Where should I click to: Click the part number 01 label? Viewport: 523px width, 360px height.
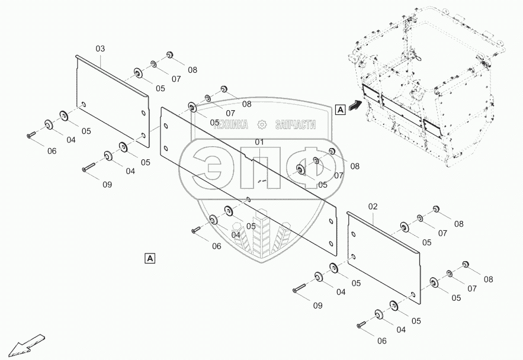point(259,142)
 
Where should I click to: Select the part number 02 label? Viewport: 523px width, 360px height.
point(373,206)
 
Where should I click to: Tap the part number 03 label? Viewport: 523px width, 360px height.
point(100,48)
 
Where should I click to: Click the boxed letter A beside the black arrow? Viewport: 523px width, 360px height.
point(339,109)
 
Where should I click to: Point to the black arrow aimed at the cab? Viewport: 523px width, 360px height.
point(354,106)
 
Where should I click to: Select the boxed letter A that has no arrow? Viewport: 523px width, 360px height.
point(150,258)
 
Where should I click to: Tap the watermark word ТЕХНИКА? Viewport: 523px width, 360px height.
point(226,124)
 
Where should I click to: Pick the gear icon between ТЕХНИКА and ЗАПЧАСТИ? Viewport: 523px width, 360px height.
point(261,124)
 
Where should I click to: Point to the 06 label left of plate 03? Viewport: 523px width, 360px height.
point(52,151)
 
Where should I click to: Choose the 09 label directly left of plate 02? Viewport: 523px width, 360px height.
point(317,306)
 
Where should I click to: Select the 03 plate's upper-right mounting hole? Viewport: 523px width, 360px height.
point(143,113)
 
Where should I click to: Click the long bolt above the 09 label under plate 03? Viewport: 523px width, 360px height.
point(92,168)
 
